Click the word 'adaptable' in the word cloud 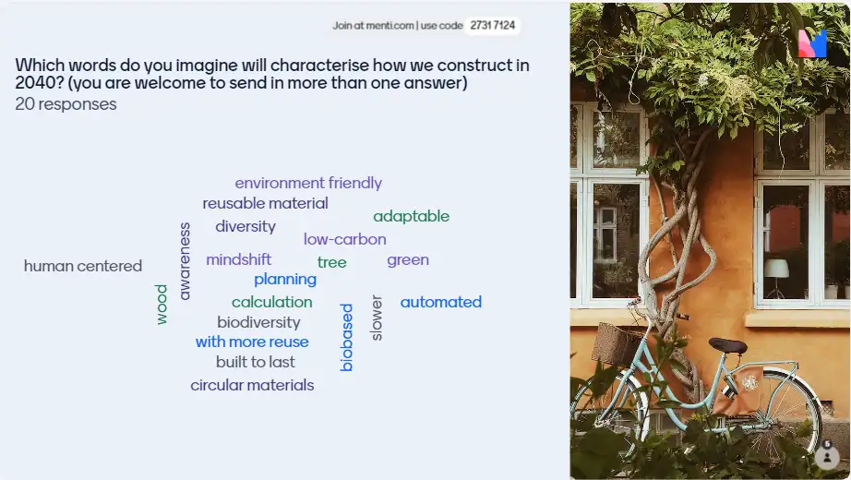coord(411,216)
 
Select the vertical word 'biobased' coord(346,337)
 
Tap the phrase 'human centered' coord(83,266)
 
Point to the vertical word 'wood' coord(162,304)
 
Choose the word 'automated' coord(440,302)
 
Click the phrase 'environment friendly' coord(308,183)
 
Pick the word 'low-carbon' coord(344,239)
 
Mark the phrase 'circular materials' coord(252,385)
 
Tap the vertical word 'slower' coord(376,318)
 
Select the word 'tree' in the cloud coord(331,262)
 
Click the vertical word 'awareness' coord(185,261)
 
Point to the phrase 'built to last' coord(255,362)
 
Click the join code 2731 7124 coord(492,26)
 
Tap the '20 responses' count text coord(66,104)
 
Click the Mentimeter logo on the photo coord(812,42)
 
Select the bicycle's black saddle coord(728,345)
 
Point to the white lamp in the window coord(776,269)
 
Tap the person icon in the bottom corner coord(827,457)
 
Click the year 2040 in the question coord(35,83)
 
